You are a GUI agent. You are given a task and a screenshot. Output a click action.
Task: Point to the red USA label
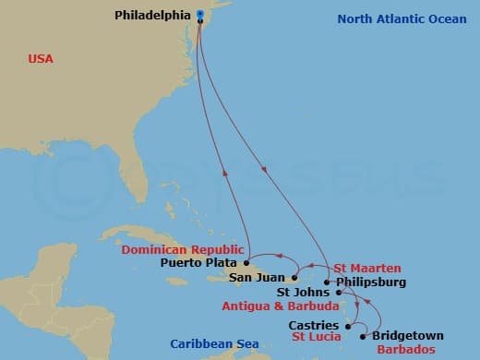(41, 58)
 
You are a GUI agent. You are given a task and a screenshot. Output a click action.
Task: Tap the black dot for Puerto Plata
(246, 262)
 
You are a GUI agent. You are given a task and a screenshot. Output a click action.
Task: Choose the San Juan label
(257, 277)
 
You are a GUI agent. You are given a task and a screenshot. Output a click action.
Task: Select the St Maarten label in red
(367, 268)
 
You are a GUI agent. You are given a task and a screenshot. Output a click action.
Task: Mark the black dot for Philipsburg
(327, 282)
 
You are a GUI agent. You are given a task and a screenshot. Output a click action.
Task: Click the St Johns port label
(304, 293)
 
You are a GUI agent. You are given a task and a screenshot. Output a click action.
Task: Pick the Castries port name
(313, 325)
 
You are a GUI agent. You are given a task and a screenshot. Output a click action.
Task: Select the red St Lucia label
(318, 337)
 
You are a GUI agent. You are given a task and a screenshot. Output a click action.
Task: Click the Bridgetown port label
(408, 336)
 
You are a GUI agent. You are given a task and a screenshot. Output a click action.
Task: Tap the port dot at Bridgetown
(363, 336)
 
